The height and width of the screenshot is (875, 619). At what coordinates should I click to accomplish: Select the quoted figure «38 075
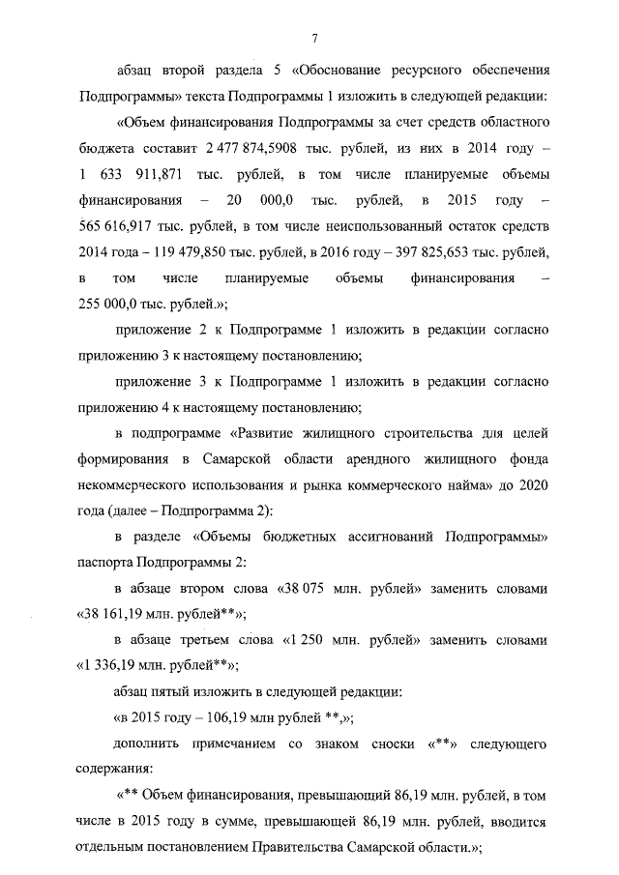coord(303,588)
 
